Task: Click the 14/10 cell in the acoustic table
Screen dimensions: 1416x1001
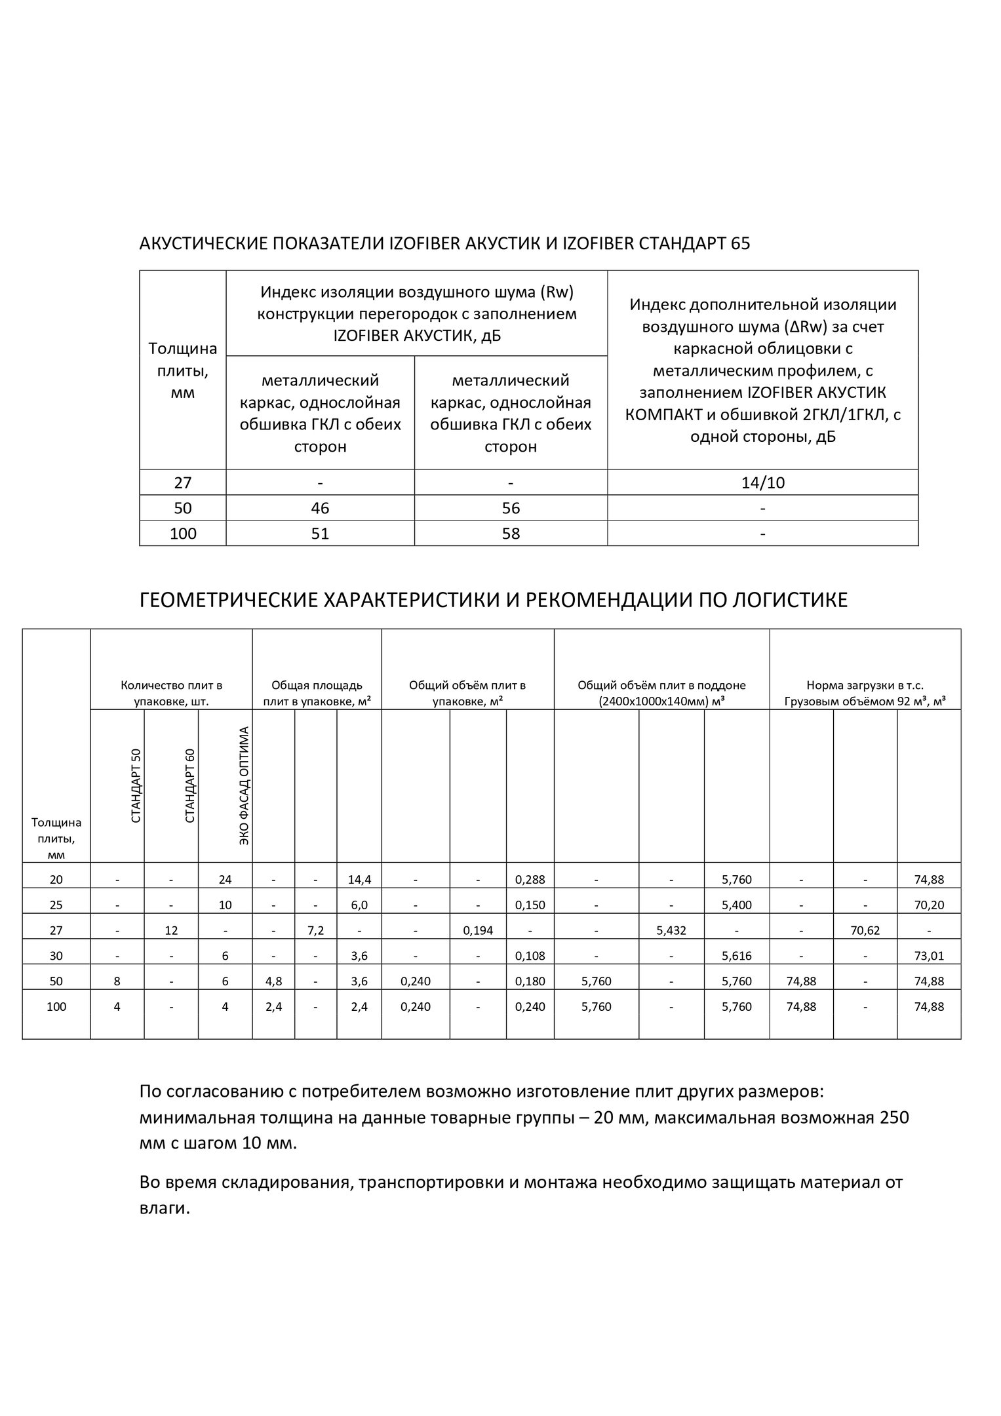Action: click(762, 483)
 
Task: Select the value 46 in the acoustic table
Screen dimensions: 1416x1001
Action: click(321, 509)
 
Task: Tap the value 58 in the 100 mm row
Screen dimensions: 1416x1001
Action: click(511, 534)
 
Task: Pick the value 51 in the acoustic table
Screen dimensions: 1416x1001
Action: click(321, 534)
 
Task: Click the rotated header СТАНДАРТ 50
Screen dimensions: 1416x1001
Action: click(136, 786)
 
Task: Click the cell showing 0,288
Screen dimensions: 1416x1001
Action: click(530, 880)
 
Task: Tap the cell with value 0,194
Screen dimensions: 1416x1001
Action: click(478, 930)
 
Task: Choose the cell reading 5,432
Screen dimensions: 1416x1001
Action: click(671, 930)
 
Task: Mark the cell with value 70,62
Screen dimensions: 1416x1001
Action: click(865, 930)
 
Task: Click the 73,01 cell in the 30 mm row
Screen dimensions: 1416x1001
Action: click(929, 956)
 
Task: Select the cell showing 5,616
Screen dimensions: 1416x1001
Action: click(737, 956)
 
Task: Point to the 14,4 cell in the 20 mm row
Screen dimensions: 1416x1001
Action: click(359, 880)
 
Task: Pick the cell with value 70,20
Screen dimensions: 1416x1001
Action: click(929, 905)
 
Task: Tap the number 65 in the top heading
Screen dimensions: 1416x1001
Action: click(740, 244)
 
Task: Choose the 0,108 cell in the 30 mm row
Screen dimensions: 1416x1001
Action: click(530, 956)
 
